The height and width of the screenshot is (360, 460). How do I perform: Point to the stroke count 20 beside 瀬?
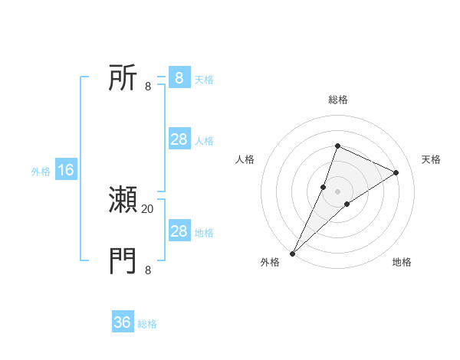(148, 208)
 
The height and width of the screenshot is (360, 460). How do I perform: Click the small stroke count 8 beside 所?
(148, 86)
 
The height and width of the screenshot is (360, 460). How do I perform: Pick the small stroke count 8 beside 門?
(148, 270)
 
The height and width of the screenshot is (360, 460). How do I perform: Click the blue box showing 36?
(123, 322)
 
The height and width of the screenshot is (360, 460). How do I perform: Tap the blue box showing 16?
(65, 170)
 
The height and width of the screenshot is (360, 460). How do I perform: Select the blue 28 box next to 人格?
(179, 139)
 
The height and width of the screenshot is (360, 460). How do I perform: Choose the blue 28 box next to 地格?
(179, 231)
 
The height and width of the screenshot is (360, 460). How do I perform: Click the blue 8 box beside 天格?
(179, 78)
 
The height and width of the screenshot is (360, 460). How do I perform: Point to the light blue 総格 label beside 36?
(147, 324)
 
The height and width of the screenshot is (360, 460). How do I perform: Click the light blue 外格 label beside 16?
(41, 172)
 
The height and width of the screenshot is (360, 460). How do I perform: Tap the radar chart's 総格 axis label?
(337, 100)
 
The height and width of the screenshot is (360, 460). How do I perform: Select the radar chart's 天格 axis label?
(431, 159)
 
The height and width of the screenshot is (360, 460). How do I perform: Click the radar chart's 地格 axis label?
(402, 262)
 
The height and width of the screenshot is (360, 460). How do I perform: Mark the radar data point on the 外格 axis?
(292, 254)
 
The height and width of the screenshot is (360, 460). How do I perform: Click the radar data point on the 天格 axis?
(396, 173)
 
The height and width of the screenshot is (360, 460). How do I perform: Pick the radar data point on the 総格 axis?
(337, 146)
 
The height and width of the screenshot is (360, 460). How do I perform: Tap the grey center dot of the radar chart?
(337, 191)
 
